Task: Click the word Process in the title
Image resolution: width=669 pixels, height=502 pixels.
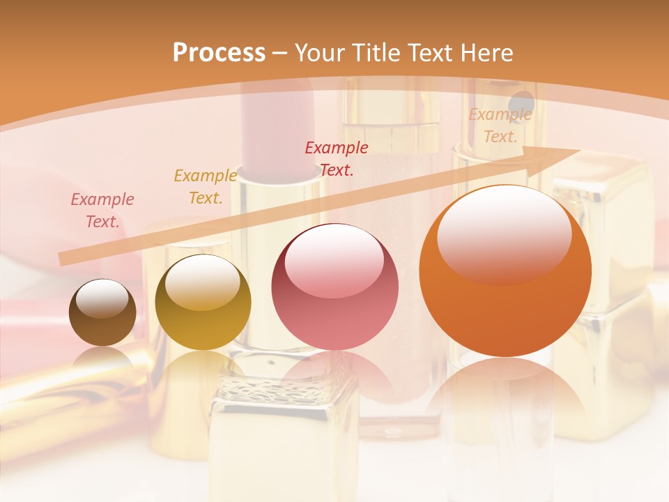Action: (x=219, y=53)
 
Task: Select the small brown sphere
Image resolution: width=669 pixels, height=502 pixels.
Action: (x=102, y=312)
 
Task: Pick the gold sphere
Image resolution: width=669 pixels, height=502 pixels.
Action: (x=203, y=302)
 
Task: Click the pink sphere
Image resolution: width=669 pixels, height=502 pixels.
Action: (x=334, y=287)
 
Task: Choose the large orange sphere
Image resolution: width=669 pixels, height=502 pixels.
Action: (x=505, y=271)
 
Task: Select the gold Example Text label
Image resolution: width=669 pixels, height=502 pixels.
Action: (x=206, y=187)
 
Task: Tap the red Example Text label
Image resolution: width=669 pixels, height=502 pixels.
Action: (x=337, y=159)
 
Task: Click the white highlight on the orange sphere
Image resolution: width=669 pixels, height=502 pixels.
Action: (x=504, y=234)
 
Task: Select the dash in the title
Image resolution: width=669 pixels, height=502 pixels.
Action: (x=280, y=53)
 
